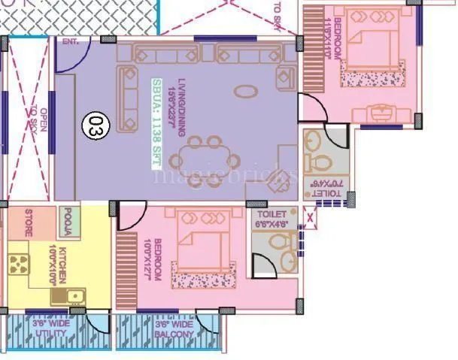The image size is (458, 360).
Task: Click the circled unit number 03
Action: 96,123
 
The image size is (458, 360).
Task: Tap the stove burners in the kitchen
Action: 19,265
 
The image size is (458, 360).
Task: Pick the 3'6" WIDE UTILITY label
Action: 50,328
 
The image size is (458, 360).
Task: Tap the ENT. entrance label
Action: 71,41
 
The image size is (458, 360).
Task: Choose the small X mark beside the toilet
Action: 309,220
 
